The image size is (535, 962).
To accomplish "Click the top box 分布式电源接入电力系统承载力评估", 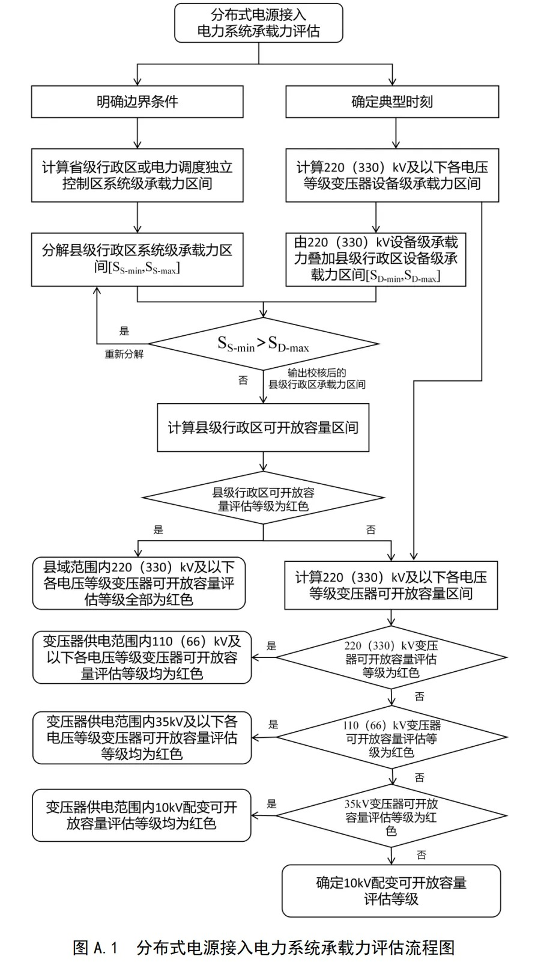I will click(x=258, y=23).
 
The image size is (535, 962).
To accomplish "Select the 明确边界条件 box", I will click(x=138, y=102).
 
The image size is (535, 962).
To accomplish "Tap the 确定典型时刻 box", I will click(x=392, y=102).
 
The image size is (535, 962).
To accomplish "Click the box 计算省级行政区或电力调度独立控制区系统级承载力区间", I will click(x=138, y=175).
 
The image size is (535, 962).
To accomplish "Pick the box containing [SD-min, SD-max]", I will click(x=376, y=259).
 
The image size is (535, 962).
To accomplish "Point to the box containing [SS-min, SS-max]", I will click(x=138, y=259).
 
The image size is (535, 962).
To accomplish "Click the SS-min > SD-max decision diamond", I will click(x=263, y=344).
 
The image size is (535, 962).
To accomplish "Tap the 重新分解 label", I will click(x=124, y=354).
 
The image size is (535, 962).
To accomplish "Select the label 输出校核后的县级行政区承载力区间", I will click(x=317, y=379).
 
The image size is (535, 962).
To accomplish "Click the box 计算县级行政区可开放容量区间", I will click(x=263, y=427).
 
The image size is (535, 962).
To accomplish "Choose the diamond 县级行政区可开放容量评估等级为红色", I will click(x=263, y=499).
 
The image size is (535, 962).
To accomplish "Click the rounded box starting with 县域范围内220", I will click(x=139, y=583).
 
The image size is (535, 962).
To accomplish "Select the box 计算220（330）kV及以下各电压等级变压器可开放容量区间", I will click(x=391, y=585).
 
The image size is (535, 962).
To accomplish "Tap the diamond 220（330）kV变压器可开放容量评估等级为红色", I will click(x=391, y=659).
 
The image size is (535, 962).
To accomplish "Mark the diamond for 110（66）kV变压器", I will click(x=391, y=738).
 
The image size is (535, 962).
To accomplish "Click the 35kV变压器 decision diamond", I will click(x=391, y=817).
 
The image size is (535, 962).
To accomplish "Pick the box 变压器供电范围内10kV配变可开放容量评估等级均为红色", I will click(x=142, y=815).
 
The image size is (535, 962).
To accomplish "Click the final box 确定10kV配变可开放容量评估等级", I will click(x=391, y=891).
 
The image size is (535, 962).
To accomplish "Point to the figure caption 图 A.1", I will click(x=264, y=948).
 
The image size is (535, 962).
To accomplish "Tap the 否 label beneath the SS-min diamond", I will click(x=243, y=380).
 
